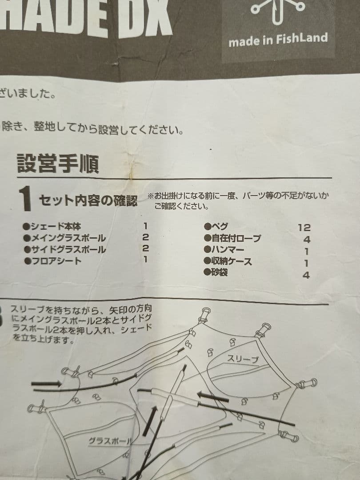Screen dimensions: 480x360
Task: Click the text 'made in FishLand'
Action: tap(278, 40)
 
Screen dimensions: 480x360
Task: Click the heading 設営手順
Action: tap(58, 164)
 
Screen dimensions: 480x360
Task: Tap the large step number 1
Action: tap(26, 199)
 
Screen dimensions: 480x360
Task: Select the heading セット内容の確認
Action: tap(88, 200)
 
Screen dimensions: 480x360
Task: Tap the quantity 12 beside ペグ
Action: tap(304, 228)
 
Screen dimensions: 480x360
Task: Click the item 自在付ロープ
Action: tap(235, 239)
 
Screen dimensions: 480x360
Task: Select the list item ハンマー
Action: tap(226, 250)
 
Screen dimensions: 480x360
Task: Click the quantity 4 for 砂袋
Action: tap(306, 276)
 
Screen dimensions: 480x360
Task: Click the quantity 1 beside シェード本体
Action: tap(145, 226)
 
